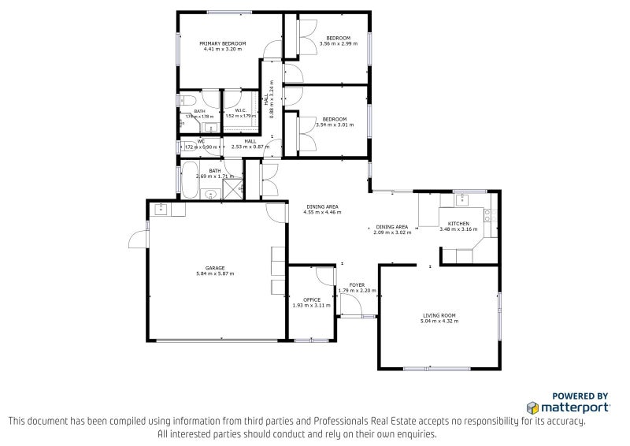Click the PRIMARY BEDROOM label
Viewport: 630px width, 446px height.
click(x=222, y=43)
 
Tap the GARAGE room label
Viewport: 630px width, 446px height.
click(x=215, y=268)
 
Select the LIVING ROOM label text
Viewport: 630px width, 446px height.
click(x=439, y=315)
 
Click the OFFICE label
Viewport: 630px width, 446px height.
click(x=311, y=299)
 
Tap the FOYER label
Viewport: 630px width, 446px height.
click(x=357, y=284)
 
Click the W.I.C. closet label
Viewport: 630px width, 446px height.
click(x=242, y=110)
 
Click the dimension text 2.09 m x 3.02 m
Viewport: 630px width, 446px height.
click(x=392, y=232)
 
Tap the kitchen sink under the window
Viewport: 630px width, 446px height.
click(x=459, y=197)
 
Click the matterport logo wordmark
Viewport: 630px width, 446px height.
click(x=573, y=407)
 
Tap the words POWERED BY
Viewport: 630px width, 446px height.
click(x=580, y=396)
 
